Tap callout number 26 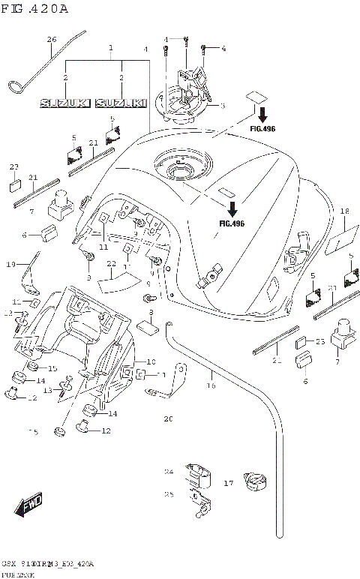click(x=52, y=39)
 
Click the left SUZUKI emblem click(x=65, y=103)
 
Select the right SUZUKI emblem click(x=121, y=103)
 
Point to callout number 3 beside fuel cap click(x=222, y=106)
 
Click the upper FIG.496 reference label click(x=262, y=129)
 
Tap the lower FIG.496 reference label click(x=232, y=223)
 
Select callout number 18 click(x=344, y=211)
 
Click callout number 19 click(x=11, y=264)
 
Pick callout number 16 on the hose click(x=211, y=385)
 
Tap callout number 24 click(x=168, y=472)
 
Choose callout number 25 click(x=168, y=494)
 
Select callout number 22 click(x=111, y=264)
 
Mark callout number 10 click(x=150, y=361)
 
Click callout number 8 click(x=151, y=312)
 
